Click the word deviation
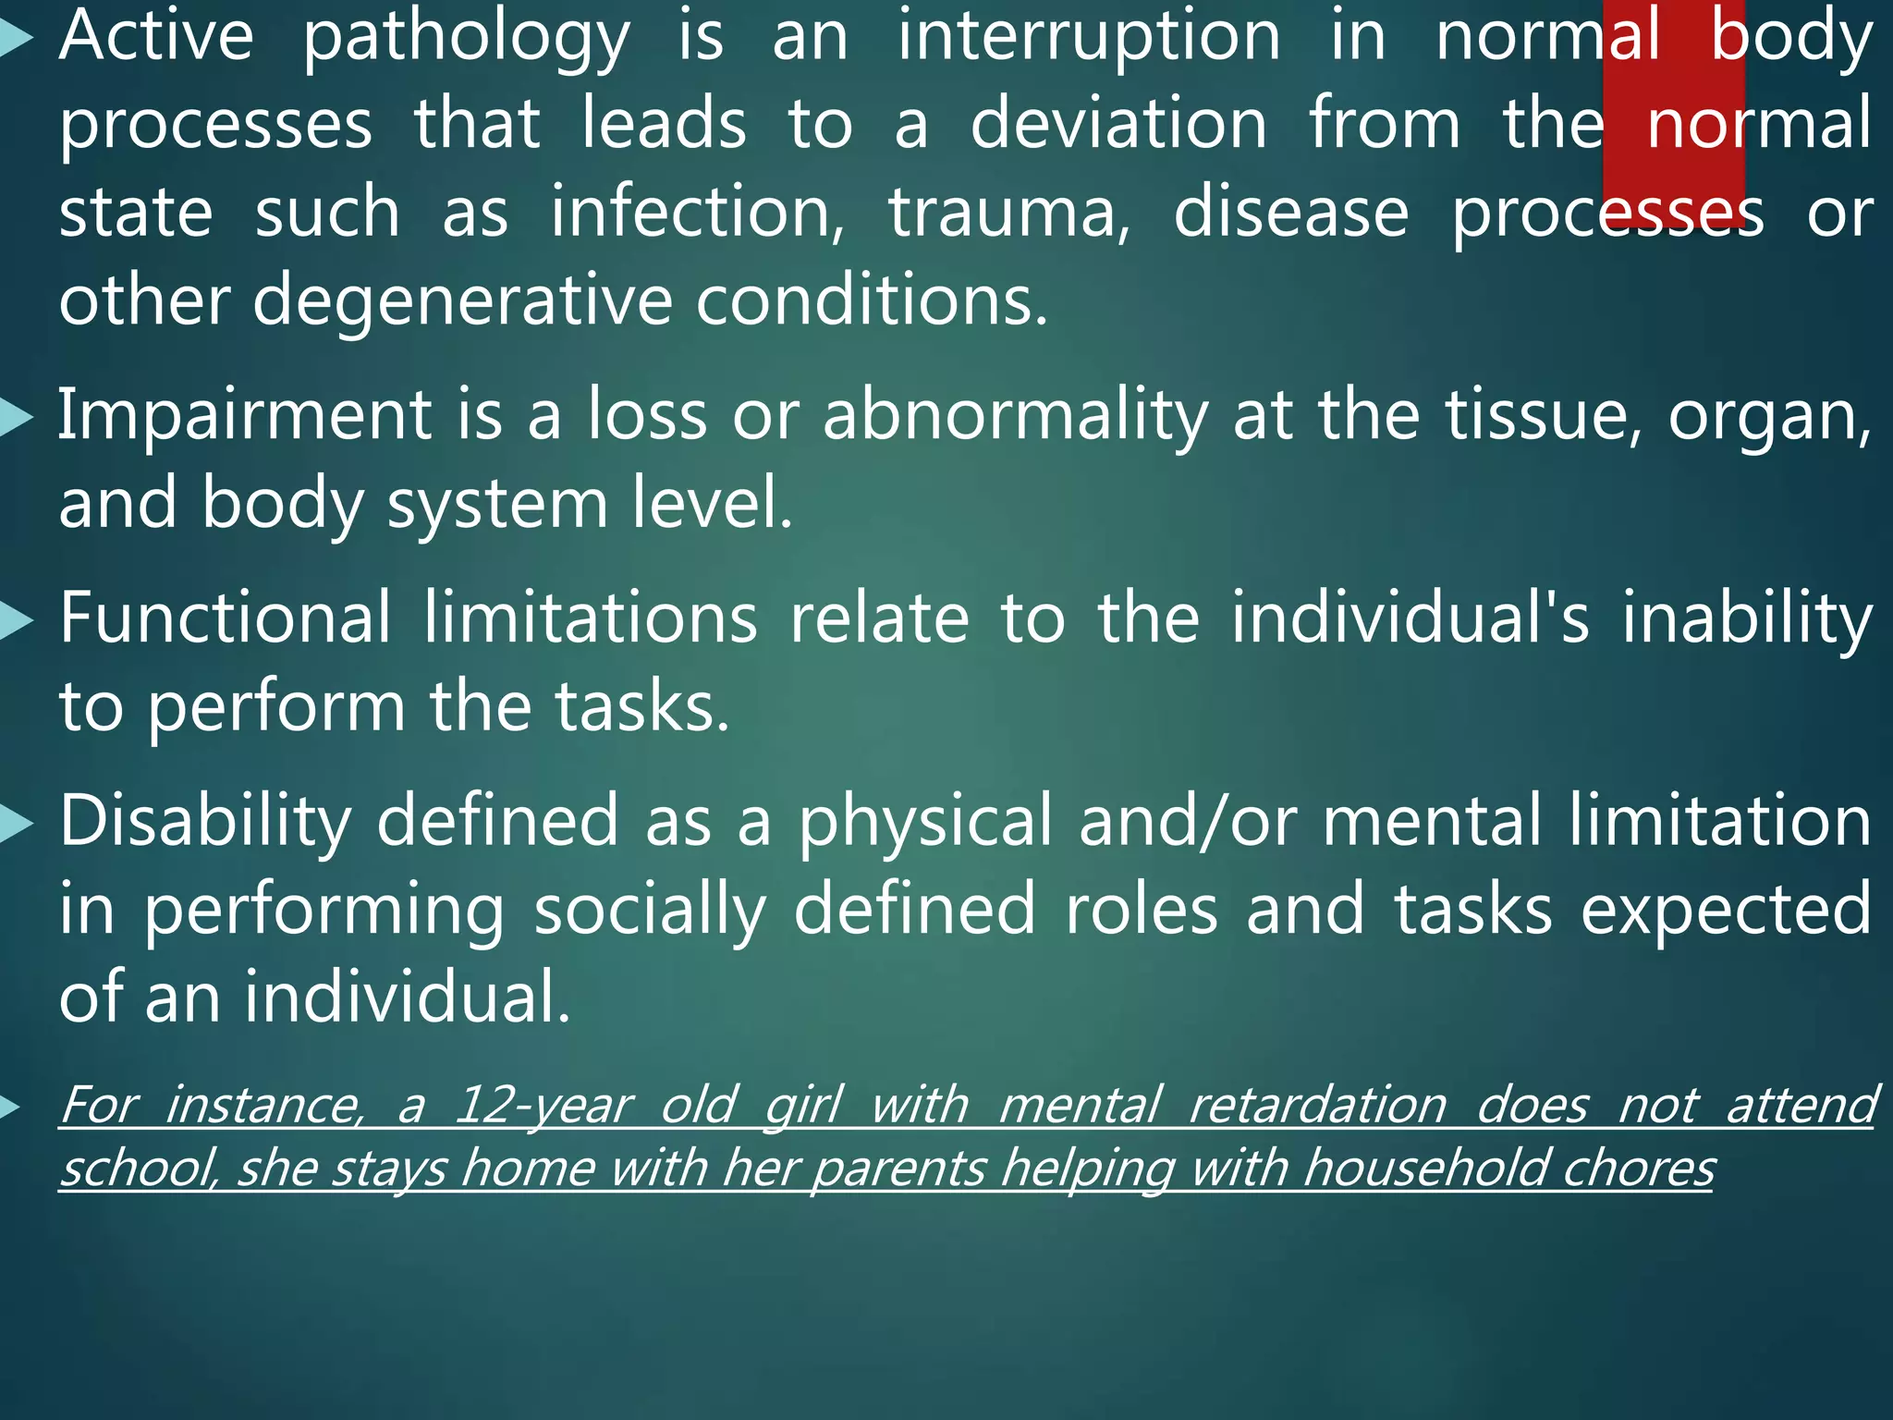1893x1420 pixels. click(x=1118, y=124)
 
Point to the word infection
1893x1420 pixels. click(x=697, y=213)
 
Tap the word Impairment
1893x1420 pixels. click(x=245, y=416)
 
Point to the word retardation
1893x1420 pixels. click(x=1318, y=1106)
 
